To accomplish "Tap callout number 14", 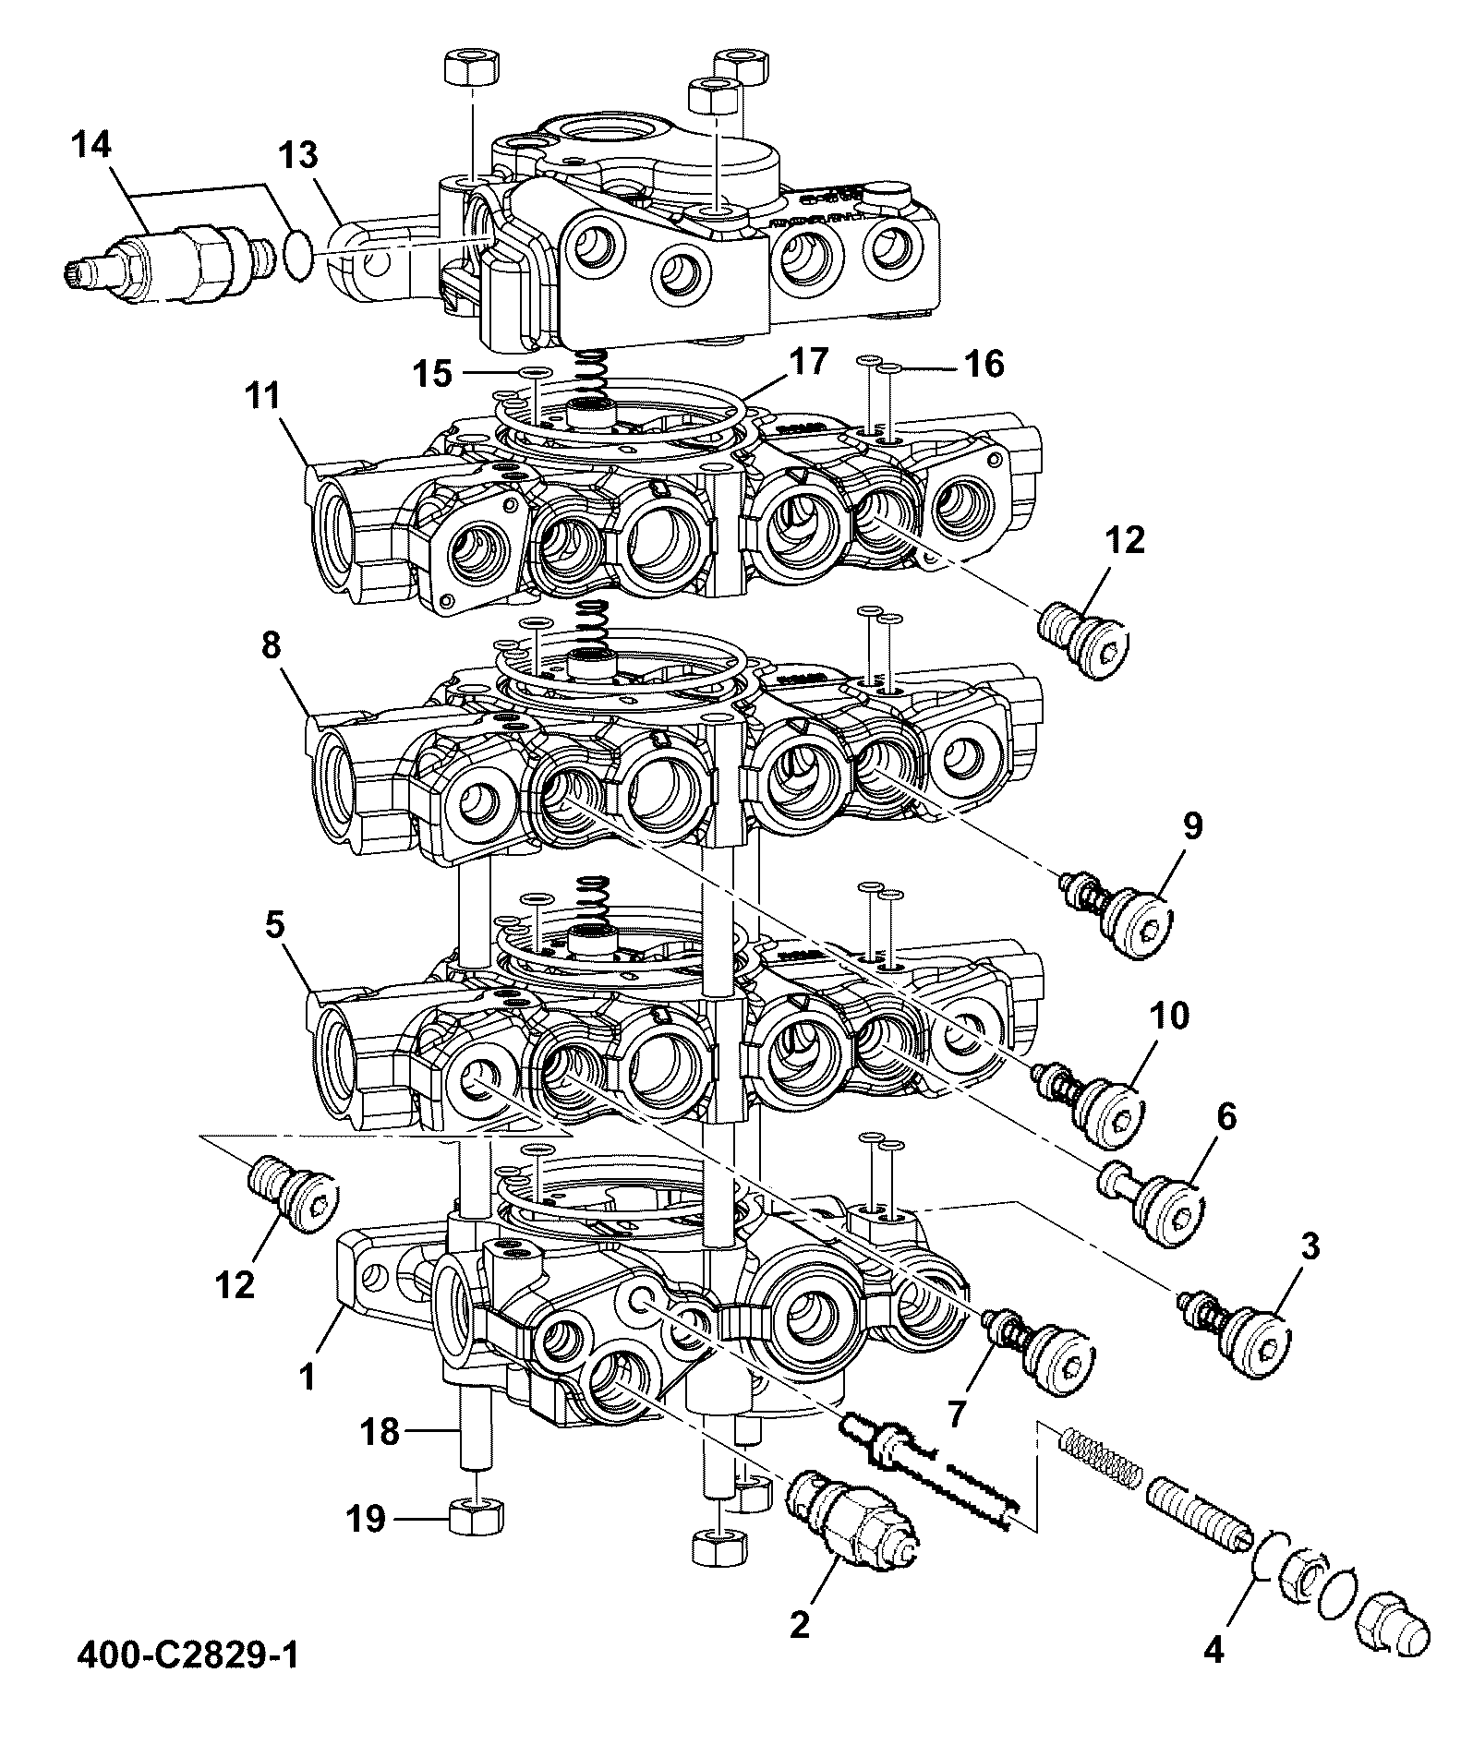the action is (x=91, y=145).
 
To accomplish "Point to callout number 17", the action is (x=808, y=363).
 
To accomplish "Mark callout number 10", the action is (x=1168, y=1016).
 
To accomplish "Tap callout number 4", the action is (x=1214, y=1650).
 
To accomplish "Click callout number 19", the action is (x=365, y=1519).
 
